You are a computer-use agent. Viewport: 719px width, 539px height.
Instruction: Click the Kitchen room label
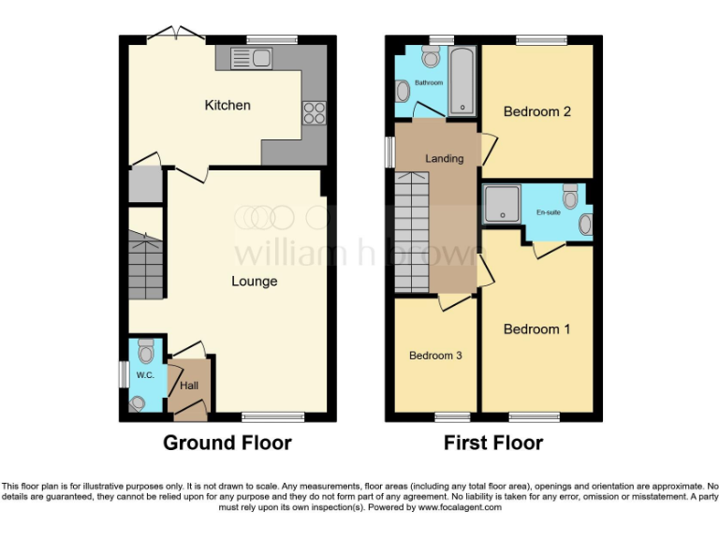(227, 105)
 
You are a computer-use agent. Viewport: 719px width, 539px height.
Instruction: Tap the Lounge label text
(254, 281)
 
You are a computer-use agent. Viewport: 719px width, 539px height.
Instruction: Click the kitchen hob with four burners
(313, 113)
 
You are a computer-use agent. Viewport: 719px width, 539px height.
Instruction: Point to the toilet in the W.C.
(145, 352)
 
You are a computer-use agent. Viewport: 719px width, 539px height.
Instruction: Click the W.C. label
(144, 376)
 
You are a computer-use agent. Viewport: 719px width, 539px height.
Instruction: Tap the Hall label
(188, 385)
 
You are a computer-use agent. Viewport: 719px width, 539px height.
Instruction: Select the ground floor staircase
(145, 267)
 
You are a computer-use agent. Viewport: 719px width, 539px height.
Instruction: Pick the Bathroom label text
(429, 83)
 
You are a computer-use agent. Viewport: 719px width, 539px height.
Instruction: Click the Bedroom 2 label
(536, 111)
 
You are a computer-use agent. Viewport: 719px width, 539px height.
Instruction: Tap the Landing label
(444, 158)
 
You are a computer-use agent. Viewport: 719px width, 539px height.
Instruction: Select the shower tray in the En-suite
(502, 203)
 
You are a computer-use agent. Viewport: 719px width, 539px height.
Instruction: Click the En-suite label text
(550, 213)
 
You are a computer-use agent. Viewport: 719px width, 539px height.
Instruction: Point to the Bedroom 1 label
(536, 329)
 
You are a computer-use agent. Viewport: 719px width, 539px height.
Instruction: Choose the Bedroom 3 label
(435, 356)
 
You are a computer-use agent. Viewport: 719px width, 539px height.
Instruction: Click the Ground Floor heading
(227, 443)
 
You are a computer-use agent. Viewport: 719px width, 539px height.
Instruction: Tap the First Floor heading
(492, 443)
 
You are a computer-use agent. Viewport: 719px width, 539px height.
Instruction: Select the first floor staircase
(411, 234)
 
